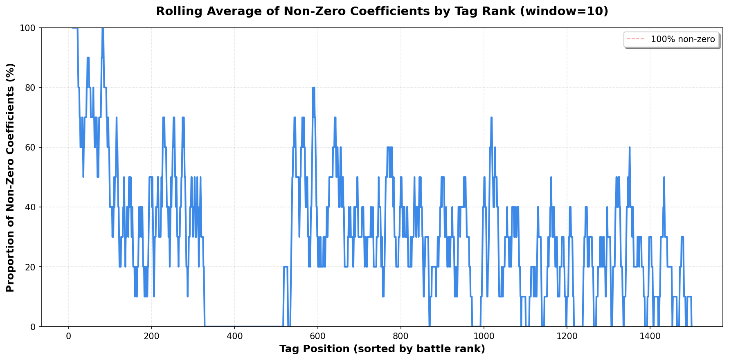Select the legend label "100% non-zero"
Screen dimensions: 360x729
point(683,40)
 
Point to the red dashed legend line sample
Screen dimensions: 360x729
point(635,40)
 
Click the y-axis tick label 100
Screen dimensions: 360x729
point(29,28)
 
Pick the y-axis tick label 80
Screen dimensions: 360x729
point(31,88)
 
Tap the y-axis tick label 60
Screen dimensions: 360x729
point(31,147)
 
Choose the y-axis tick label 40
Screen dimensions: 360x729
point(31,207)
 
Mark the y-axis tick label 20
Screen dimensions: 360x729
point(31,267)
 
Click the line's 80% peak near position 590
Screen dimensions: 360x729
point(313,88)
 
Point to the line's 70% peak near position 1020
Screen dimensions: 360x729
point(491,118)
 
